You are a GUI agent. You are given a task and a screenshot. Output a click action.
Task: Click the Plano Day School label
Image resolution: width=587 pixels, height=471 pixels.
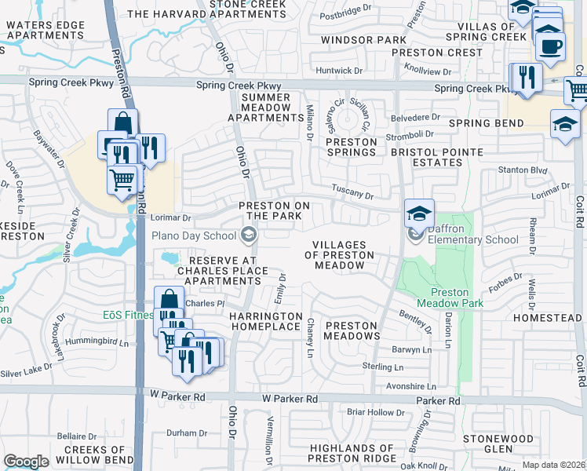(x=193, y=235)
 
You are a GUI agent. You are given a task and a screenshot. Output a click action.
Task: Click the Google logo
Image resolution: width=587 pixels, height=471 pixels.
(x=26, y=462)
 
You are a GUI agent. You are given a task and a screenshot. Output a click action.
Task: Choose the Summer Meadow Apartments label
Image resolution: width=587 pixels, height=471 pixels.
(x=265, y=107)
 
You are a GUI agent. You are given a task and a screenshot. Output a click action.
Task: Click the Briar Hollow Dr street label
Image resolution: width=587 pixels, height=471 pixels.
(x=375, y=412)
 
